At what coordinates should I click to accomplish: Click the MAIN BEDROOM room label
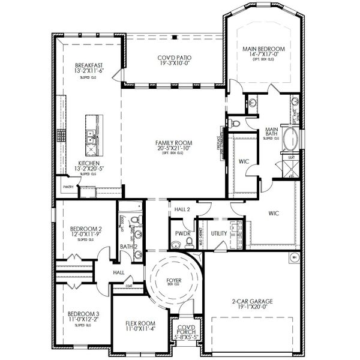point(263,47)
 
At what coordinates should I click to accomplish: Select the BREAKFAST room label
point(89,65)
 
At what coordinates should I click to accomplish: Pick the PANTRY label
point(67,187)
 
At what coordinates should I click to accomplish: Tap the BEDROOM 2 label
point(85,229)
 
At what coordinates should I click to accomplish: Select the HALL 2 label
point(182,209)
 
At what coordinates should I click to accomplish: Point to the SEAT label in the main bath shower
point(291,158)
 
